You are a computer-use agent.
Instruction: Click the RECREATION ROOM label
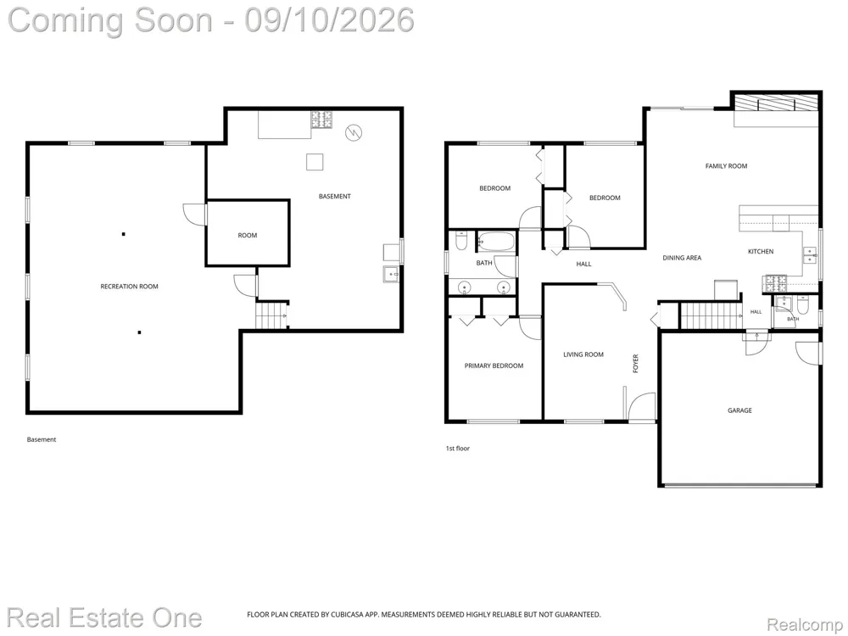click(x=129, y=287)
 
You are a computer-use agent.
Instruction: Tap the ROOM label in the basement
click(x=247, y=235)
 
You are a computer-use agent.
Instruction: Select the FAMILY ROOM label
click(x=727, y=166)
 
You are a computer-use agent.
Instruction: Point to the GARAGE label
click(x=739, y=410)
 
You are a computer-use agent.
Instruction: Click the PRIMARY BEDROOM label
click(x=494, y=365)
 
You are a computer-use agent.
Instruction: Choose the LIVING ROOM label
click(x=583, y=354)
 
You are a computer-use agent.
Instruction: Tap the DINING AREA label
click(x=682, y=258)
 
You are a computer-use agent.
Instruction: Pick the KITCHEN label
click(x=761, y=252)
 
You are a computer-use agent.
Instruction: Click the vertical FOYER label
click(x=635, y=364)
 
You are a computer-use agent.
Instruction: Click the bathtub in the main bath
click(x=496, y=241)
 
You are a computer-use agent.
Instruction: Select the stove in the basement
click(x=321, y=120)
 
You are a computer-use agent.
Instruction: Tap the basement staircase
click(x=271, y=315)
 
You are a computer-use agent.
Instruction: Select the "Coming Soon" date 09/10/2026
click(x=329, y=20)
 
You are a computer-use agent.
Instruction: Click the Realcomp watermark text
click(x=804, y=625)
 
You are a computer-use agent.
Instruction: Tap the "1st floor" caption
click(x=458, y=449)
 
